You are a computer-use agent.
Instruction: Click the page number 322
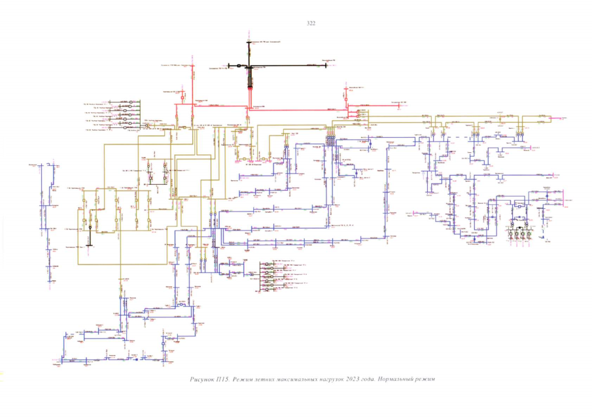(311, 24)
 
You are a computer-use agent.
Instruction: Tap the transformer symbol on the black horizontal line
(239, 65)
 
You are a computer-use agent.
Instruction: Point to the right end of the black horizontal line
(330, 65)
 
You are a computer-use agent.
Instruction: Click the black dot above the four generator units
(521, 222)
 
